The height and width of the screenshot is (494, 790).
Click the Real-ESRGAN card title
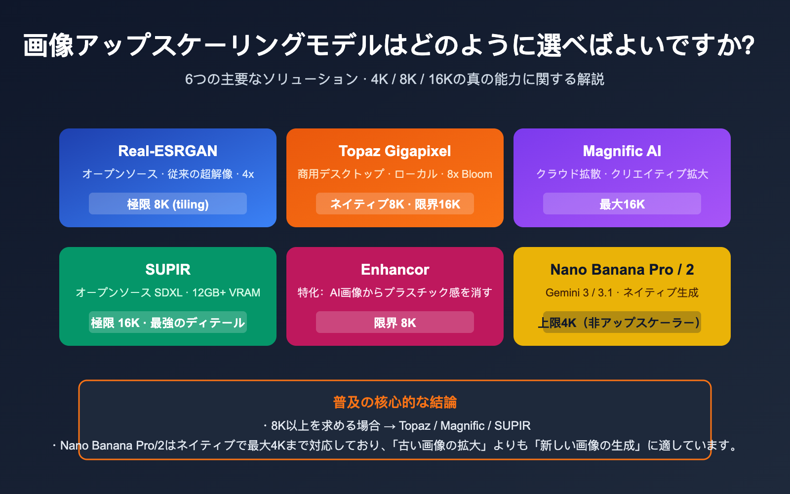(x=168, y=151)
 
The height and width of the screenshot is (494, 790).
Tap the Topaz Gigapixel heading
(x=395, y=151)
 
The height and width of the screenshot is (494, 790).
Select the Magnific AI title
(x=622, y=151)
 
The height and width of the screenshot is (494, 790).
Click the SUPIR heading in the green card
(x=168, y=269)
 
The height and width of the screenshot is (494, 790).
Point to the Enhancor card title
(x=395, y=269)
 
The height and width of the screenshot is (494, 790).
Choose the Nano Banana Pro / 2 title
(x=622, y=269)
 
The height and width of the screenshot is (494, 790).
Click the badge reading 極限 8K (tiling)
(x=168, y=204)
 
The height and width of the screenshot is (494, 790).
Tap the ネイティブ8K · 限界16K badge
(x=395, y=204)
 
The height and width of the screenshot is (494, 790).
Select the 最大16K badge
(x=622, y=204)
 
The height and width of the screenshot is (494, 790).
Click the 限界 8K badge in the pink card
(x=395, y=323)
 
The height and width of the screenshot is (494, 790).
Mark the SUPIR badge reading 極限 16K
(x=168, y=323)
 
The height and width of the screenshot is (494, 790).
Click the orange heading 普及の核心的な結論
(x=395, y=402)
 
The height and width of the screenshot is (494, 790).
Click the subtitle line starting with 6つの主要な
(x=395, y=79)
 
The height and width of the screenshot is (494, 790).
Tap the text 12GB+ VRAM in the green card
(x=226, y=292)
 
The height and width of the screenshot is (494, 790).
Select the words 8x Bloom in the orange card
(x=470, y=174)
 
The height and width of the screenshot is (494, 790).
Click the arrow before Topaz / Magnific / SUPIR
(x=390, y=426)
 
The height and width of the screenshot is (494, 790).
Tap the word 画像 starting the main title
(x=48, y=45)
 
